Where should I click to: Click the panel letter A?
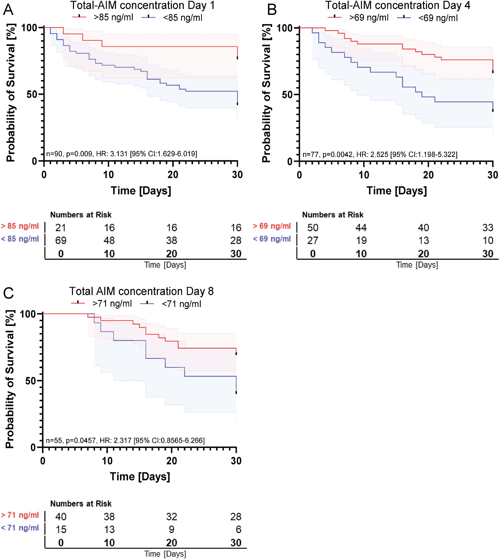8,10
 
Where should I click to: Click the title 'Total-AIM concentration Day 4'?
398,5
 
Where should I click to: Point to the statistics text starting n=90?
121,154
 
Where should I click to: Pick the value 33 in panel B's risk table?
487,228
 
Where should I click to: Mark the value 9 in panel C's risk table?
172,529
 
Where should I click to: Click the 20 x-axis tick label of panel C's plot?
172,461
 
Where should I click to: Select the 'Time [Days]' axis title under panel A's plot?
141,190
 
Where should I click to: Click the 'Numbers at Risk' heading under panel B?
333,215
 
